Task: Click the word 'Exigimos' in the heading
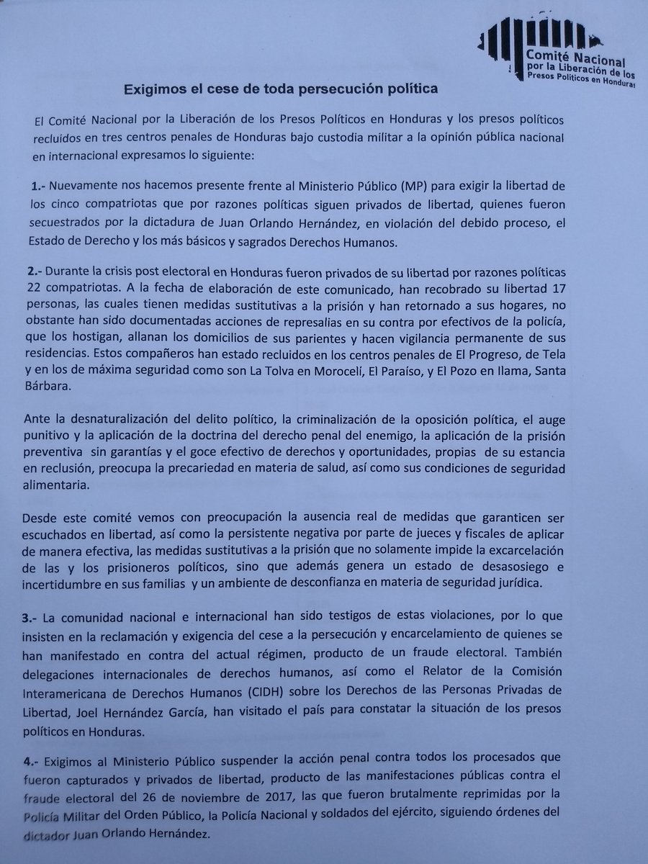click(156, 89)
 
